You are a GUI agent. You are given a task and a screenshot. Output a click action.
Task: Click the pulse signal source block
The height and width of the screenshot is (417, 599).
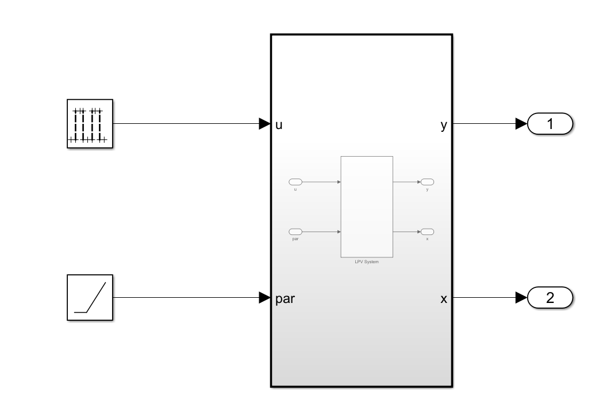(x=90, y=123)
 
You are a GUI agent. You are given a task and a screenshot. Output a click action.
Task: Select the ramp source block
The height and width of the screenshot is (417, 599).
(x=90, y=297)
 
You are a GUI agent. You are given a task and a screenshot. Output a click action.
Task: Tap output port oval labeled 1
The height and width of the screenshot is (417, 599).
(x=550, y=123)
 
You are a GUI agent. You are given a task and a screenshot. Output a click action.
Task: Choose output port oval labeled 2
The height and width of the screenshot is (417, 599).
(x=550, y=297)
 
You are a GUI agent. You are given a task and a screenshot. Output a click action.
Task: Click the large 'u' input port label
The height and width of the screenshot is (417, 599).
(x=279, y=124)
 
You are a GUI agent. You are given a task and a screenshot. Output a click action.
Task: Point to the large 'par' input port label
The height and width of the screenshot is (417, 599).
(x=285, y=299)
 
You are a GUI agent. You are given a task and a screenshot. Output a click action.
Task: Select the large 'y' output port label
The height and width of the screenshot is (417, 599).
(x=443, y=125)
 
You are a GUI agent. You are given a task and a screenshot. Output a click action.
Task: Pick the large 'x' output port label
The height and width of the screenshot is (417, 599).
(x=443, y=299)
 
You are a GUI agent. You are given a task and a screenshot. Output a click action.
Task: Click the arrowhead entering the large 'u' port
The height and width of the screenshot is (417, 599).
(x=264, y=123)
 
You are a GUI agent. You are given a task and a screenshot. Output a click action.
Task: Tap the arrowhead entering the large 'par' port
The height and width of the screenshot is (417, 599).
(x=264, y=297)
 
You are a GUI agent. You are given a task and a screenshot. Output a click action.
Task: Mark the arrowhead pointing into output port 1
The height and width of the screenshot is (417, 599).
(x=521, y=123)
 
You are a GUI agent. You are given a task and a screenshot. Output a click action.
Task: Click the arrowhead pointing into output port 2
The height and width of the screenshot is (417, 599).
(x=521, y=297)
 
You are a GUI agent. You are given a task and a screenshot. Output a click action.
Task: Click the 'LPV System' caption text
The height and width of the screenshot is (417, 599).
(x=367, y=261)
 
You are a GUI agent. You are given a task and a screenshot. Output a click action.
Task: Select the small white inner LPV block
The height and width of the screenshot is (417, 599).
(x=367, y=206)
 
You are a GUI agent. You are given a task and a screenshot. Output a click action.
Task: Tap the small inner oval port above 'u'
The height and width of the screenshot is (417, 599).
(x=295, y=182)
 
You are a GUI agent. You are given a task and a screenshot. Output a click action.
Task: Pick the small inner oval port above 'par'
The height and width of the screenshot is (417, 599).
(x=295, y=232)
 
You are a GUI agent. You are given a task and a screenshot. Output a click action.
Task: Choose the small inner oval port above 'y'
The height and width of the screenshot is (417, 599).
(x=427, y=182)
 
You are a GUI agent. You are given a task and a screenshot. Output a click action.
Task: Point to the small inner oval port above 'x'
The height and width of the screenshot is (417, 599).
(x=427, y=232)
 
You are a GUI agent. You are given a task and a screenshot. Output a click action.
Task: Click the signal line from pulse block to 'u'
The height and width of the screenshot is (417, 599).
(x=184, y=123)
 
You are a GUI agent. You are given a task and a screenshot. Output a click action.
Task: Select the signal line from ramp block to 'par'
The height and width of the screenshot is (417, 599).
(x=184, y=297)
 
